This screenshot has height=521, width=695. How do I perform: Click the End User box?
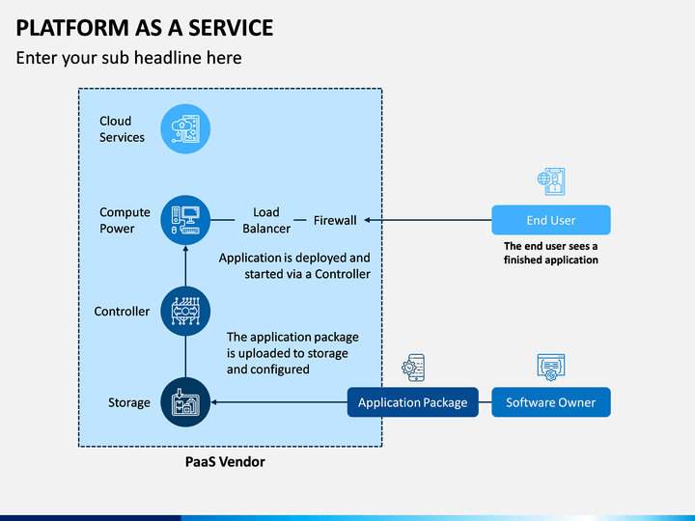(x=551, y=220)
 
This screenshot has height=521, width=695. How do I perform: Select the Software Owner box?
(x=551, y=402)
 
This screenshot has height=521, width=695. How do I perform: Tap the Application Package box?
(x=413, y=402)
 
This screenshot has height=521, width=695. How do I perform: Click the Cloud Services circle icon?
(x=185, y=129)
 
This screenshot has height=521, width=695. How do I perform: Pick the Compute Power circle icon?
(x=185, y=220)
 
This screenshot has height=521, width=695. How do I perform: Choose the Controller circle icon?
(x=185, y=311)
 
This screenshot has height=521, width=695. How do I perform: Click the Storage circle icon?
(x=185, y=402)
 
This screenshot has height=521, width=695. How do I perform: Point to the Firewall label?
(x=335, y=220)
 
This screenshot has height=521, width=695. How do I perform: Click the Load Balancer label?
(x=266, y=220)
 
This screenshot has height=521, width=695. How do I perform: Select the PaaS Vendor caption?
(x=225, y=462)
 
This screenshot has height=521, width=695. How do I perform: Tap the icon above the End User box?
(x=551, y=181)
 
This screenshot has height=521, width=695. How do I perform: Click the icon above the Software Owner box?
(x=551, y=368)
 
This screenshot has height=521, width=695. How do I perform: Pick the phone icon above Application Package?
(x=413, y=368)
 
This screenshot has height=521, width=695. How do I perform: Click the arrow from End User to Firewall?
(x=428, y=220)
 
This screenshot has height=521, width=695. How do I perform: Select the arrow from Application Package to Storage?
(x=279, y=402)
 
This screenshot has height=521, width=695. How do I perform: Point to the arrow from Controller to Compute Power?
(x=185, y=266)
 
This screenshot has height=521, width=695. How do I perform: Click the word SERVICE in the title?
(x=231, y=28)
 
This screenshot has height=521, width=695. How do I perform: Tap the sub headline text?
(x=129, y=58)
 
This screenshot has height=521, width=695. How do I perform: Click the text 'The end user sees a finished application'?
(x=551, y=253)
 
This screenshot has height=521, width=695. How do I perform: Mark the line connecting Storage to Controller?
(x=185, y=357)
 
